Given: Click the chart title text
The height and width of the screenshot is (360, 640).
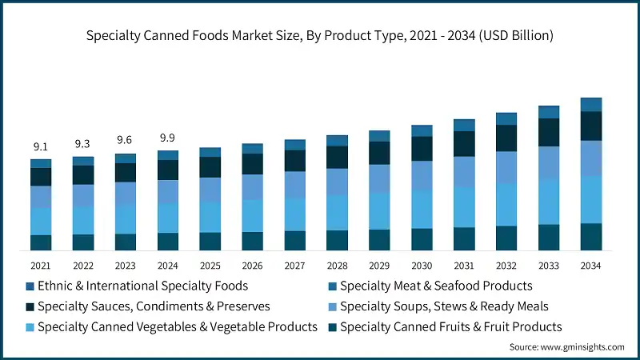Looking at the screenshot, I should coord(320,35).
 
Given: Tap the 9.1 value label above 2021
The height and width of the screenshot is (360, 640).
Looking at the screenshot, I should coord(41,146).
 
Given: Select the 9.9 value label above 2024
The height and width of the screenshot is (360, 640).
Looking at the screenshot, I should coord(168,138).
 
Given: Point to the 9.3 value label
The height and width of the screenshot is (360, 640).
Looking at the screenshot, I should coord(83,144).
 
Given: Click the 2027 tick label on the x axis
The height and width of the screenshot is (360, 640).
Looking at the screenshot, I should coord(295,265).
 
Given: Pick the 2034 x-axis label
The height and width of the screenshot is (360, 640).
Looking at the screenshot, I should coord(591,265).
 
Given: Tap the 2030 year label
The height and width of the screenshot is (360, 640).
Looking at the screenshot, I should coord(422,265).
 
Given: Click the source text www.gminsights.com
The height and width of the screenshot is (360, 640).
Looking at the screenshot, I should coord(566,347).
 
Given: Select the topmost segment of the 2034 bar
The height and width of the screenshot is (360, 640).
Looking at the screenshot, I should coord(591,105).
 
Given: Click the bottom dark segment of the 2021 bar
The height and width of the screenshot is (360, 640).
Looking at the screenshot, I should coord(41,242).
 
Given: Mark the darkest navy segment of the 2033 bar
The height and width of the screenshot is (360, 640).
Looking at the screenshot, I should coord(549,132).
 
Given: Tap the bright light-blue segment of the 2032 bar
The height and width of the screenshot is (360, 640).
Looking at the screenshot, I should coord(506,204).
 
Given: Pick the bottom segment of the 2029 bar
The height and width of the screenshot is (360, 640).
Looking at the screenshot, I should coord(379,240).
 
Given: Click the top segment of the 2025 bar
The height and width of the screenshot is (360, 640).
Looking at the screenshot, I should coord(210,152).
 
